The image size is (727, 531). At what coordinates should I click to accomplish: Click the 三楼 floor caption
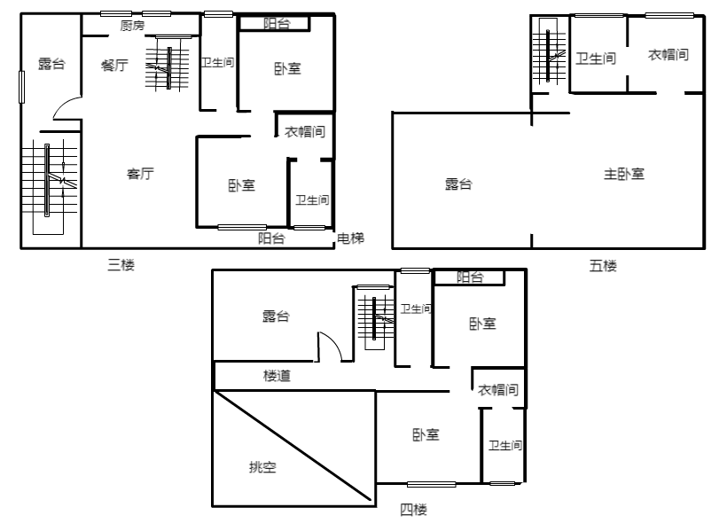point(121,265)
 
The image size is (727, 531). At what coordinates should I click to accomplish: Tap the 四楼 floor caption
point(413,510)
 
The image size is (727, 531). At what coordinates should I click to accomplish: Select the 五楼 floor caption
point(603,266)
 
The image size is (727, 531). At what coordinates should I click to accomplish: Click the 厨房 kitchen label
point(133,26)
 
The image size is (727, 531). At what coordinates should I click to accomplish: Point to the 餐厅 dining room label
point(114,65)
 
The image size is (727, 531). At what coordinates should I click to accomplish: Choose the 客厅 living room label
point(140,174)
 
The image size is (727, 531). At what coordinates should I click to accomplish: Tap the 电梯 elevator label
point(350,238)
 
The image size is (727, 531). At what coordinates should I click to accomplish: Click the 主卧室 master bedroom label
point(624,174)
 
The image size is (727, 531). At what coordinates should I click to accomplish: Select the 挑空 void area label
point(263,466)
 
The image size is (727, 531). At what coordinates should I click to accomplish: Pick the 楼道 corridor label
point(277,376)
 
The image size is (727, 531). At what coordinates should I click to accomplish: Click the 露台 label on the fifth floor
point(458,184)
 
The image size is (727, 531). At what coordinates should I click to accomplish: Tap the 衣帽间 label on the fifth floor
point(668,55)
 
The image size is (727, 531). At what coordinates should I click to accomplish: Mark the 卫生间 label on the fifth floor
point(596,59)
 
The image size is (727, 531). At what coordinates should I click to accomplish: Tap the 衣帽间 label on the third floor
point(305,132)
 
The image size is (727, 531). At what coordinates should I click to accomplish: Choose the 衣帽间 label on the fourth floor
point(498,389)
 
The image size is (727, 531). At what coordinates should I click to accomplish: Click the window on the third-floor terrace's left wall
point(21,87)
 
